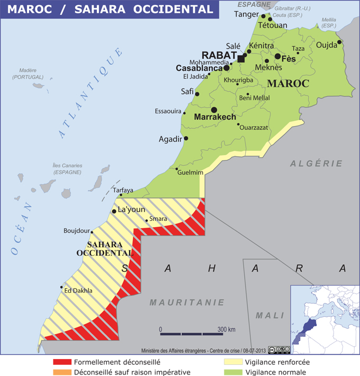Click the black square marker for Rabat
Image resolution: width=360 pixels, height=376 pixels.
(241, 59)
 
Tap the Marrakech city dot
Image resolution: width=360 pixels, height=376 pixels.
(214, 110)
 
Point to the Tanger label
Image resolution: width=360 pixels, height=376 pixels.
(246, 14)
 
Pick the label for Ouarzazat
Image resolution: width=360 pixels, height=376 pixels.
(254, 128)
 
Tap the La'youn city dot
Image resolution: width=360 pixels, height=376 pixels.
(114, 211)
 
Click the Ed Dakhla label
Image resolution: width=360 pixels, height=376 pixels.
(78, 290)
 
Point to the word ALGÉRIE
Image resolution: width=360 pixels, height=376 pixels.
(316, 164)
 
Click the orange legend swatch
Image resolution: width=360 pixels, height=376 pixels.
(62, 372)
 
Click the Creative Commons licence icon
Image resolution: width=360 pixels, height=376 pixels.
(279, 350)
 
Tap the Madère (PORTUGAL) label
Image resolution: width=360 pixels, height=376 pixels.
(28, 74)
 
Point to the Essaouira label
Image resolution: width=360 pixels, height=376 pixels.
(168, 111)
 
